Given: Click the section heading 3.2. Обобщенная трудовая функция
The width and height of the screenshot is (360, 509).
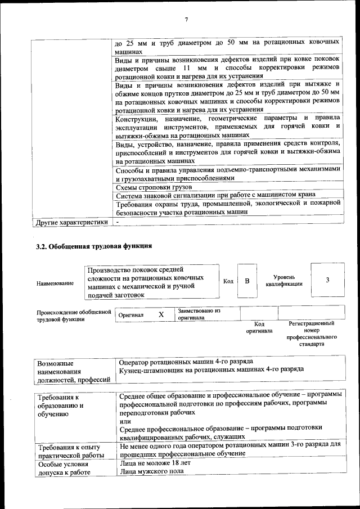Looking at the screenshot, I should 94,246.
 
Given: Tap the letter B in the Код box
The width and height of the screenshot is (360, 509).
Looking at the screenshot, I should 246,280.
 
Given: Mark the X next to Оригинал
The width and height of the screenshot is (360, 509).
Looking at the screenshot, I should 161,314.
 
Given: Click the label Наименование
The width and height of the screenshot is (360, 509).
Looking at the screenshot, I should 55,283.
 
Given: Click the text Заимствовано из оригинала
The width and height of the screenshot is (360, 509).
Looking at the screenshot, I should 199,314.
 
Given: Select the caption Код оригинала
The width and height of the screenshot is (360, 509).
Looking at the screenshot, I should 259,327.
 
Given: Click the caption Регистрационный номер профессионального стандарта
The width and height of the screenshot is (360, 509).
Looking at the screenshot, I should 311,333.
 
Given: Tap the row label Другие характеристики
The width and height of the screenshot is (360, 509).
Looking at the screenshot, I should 71,222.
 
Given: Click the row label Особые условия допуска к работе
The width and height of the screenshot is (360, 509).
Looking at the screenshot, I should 64,469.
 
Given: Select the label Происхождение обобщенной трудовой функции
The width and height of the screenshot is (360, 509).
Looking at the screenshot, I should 74,315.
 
